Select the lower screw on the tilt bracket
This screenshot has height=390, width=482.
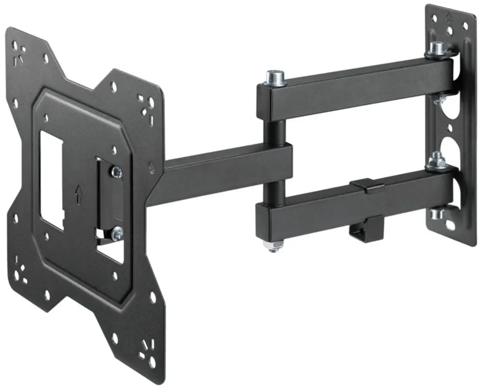coord(116,233)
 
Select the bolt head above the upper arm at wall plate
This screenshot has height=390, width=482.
coord(436,48)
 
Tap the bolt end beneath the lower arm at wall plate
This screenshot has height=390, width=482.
coord(436,212)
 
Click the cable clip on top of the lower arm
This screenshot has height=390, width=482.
coord(367,185)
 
